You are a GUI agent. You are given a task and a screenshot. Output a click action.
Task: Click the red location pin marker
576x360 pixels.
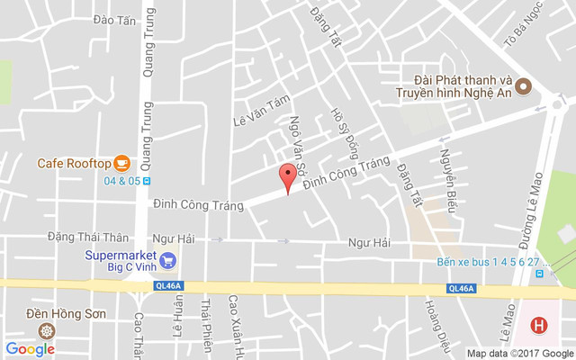(287, 175)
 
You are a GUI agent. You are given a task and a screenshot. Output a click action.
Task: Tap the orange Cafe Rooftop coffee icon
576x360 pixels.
(122, 163)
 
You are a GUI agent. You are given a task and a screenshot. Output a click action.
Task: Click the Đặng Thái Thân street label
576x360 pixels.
(88, 237)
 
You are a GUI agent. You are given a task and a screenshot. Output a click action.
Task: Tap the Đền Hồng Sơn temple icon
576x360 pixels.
(44, 329)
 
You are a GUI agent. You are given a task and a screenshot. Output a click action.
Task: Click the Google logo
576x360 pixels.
(31, 349)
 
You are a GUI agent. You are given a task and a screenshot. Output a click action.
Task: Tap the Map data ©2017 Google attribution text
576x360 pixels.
(518, 353)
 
